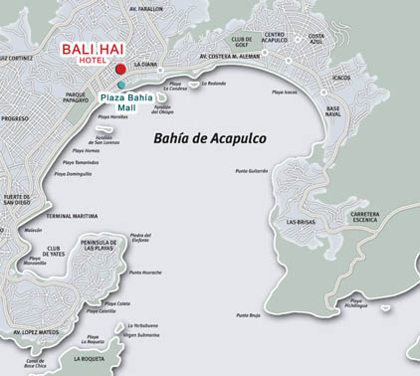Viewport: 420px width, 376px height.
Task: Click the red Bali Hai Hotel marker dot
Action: click(x=120, y=69)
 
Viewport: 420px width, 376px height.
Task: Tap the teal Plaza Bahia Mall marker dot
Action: click(x=121, y=86)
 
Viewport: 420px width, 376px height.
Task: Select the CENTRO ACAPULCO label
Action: click(x=275, y=41)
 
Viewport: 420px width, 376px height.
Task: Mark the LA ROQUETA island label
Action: click(x=91, y=357)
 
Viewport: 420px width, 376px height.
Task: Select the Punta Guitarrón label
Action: click(x=252, y=171)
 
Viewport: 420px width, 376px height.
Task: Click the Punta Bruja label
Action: click(x=248, y=315)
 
